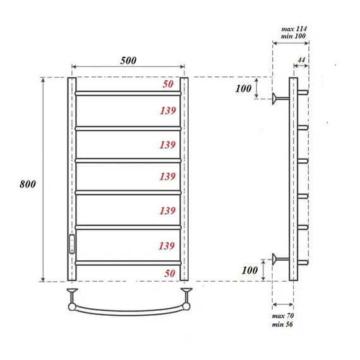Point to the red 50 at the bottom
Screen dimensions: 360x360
(167, 273)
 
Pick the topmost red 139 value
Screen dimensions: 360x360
(167, 111)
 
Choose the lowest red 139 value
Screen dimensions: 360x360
(167, 244)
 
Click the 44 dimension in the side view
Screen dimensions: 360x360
(301, 59)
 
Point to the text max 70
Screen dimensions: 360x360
(282, 315)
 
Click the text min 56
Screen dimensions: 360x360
(282, 324)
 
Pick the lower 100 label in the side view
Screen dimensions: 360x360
(249, 270)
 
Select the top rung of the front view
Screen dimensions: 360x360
(128, 93)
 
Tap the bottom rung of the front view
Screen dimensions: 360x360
(128, 262)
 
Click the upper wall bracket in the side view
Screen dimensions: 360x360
(279, 98)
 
